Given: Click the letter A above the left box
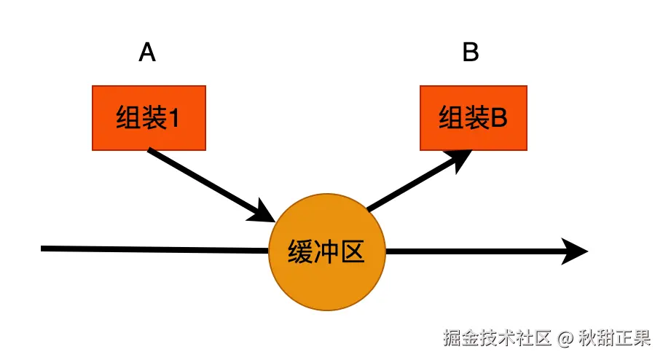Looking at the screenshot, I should tap(147, 53).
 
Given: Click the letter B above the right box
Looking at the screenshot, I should tap(471, 53).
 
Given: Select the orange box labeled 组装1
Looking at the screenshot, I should tap(149, 118).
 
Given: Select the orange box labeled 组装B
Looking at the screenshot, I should tap(473, 118).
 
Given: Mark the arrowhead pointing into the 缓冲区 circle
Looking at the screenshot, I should tap(262, 212).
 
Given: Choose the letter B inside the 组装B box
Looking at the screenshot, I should tap(498, 119).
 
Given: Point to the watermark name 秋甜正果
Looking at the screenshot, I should tap(614, 338).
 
